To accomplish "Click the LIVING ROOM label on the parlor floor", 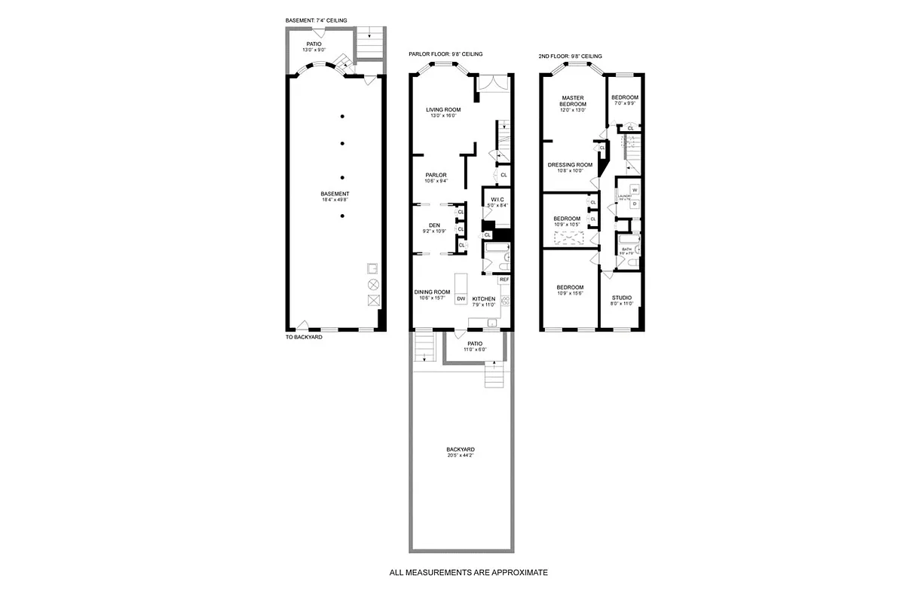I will click(x=443, y=109).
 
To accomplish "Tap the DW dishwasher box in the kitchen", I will click(x=461, y=299).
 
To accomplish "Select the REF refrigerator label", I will click(x=504, y=280).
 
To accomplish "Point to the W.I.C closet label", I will click(x=497, y=199).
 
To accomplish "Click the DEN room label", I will click(x=434, y=225).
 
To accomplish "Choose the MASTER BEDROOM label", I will click(x=573, y=101).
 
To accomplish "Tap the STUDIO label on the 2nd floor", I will click(x=622, y=298).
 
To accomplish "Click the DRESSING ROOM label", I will click(x=570, y=164).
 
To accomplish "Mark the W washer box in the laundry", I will click(x=634, y=190).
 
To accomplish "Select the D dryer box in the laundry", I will click(x=634, y=204).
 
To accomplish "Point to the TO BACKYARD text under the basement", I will click(x=304, y=337).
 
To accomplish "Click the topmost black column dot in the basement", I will click(x=342, y=116).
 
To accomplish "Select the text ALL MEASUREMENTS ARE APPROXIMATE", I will click(x=468, y=573).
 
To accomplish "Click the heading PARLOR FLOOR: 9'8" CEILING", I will click(x=445, y=54).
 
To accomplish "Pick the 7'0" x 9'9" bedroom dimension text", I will click(x=625, y=104).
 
